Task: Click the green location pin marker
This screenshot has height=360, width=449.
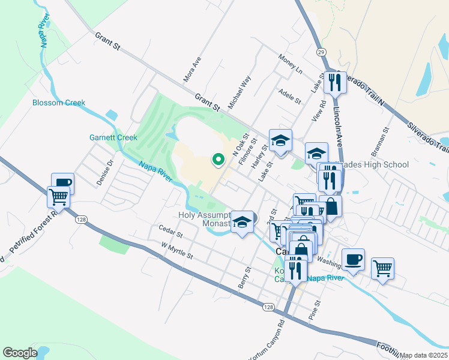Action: click(x=218, y=160)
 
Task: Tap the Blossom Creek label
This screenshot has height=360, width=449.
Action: click(x=59, y=103)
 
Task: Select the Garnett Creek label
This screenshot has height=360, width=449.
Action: click(x=113, y=137)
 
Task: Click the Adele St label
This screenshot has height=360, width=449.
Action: click(x=289, y=97)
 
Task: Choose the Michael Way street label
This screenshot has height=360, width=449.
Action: click(x=239, y=92)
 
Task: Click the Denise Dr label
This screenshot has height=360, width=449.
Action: click(x=106, y=172)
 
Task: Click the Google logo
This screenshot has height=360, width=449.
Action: click(x=20, y=353)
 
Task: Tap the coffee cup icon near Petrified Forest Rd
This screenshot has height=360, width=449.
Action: click(x=62, y=183)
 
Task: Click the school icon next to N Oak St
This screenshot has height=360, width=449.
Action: click(x=280, y=140)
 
